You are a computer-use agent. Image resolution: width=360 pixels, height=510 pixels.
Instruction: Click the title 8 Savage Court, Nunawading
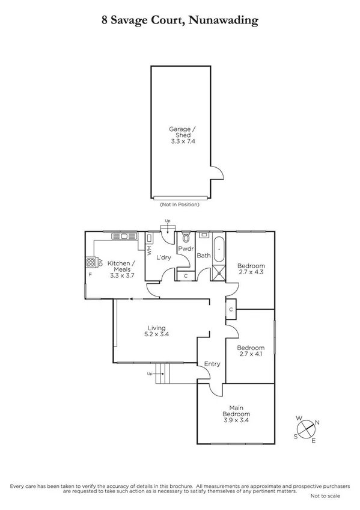(180, 20)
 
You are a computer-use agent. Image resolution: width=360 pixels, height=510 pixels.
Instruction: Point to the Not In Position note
(179, 205)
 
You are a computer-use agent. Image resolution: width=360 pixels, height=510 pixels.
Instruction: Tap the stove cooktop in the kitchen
(92, 262)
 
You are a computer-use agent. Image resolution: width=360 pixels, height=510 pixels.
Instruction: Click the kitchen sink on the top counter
(127, 236)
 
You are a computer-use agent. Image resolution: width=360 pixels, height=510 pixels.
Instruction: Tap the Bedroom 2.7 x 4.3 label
(251, 269)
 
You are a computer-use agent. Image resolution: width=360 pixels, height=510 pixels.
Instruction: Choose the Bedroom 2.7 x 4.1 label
(251, 351)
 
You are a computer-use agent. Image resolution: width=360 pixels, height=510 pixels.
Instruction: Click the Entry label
(212, 364)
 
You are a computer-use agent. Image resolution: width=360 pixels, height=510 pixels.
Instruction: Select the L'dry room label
(163, 257)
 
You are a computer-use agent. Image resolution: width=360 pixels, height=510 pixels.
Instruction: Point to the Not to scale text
(325, 497)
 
